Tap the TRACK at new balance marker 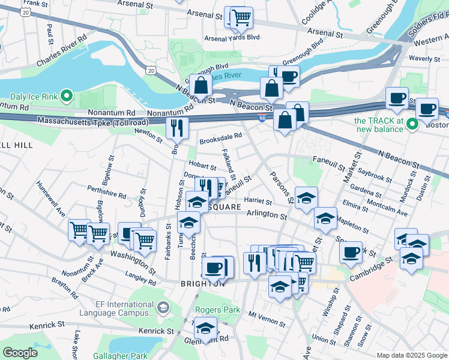pyautogui.click(x=412, y=125)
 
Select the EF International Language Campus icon pyautogui.click(x=163, y=308)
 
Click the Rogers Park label pyautogui.click(x=217, y=311)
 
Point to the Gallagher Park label pyautogui.click(x=120, y=355)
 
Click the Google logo pyautogui.click(x=21, y=353)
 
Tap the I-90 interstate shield pyautogui.click(x=262, y=119)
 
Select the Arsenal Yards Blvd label pyautogui.click(x=232, y=37)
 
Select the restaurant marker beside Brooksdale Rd pyautogui.click(x=177, y=127)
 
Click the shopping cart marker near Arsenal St pyautogui.click(x=241, y=17)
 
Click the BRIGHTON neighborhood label pyautogui.click(x=202, y=283)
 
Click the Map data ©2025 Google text pyautogui.click(x=411, y=355)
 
